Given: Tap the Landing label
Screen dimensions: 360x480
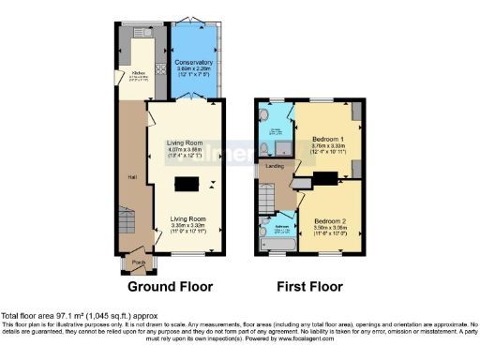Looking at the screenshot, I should [275, 166].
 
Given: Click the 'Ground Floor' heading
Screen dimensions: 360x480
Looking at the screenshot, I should [170, 287].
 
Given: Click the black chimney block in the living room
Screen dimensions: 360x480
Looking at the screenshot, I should [188, 184].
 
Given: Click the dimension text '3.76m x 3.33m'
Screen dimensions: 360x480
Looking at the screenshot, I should [328, 145].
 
